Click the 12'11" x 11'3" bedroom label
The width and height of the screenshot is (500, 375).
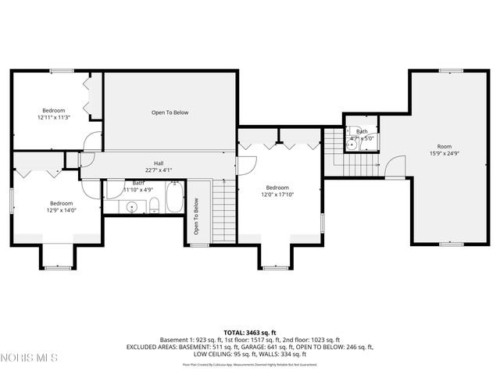54,114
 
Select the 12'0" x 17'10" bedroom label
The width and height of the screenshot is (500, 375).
277,191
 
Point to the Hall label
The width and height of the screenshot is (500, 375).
158,166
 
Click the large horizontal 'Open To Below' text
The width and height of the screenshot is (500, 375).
170,112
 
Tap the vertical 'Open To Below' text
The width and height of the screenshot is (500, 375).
196,216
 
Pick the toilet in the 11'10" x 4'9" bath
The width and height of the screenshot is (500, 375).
155,205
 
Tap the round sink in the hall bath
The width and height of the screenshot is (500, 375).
133,206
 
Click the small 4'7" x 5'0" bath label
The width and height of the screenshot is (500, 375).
362,134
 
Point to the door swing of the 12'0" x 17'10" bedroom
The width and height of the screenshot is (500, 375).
247,166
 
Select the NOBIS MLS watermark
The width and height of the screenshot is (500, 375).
30,358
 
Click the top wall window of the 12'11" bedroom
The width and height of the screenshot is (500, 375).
61,71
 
